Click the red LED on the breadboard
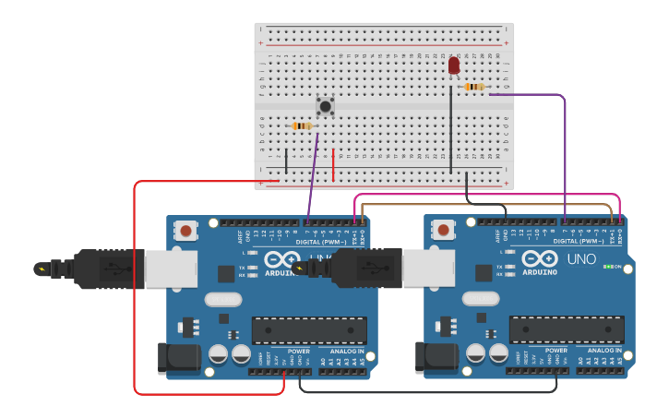[453, 65]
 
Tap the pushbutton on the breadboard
[325, 106]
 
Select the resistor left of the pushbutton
[301, 125]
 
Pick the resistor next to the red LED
[473, 87]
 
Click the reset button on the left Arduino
[186, 230]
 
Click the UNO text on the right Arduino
[581, 259]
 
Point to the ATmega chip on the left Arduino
[309, 329]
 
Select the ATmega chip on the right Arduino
[567, 329]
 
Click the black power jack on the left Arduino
[175, 357]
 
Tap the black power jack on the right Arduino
[433, 357]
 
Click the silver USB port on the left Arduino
[172, 269]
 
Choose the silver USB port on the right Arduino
[429, 269]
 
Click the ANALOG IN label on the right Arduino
[603, 351]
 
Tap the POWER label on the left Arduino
[298, 351]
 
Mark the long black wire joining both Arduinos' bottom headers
[429, 392]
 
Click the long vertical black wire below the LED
[451, 129]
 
